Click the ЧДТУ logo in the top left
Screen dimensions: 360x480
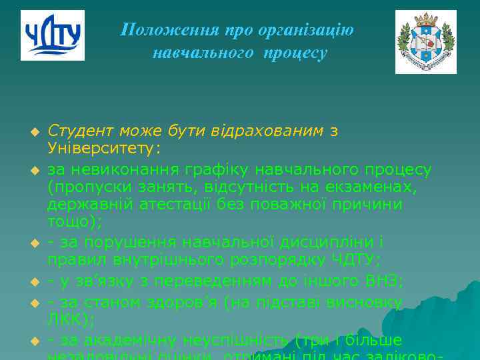click(52, 35)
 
